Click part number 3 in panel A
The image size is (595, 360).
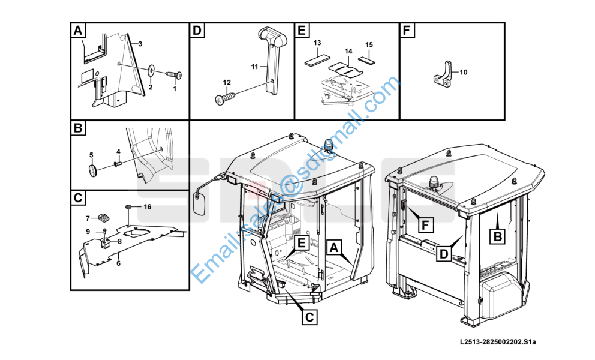[x=140, y=44]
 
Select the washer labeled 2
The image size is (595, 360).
[x=152, y=70]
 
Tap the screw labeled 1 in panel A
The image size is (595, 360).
[x=174, y=74]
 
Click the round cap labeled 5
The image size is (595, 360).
[x=93, y=170]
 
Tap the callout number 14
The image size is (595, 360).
[x=348, y=51]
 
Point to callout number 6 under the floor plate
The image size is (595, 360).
[x=118, y=263]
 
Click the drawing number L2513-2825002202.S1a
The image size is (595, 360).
[x=498, y=342]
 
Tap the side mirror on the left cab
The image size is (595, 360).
[x=200, y=203]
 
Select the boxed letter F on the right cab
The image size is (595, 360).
[x=425, y=225]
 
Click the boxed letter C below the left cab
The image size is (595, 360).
[x=309, y=317]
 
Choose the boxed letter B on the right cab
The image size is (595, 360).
[x=497, y=236]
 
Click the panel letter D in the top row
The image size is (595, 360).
[x=197, y=30]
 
